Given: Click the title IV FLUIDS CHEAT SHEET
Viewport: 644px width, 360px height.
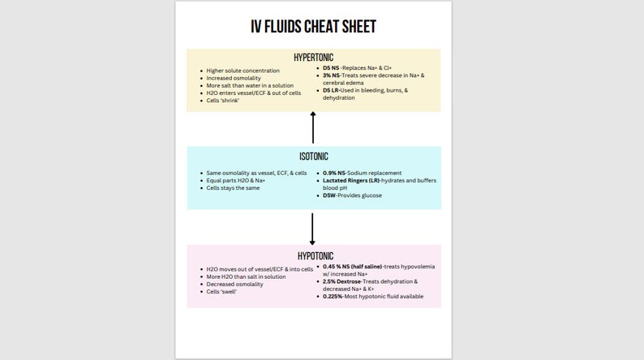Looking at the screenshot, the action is [x=313, y=27].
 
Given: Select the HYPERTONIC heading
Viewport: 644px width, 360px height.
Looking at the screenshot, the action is [x=313, y=57].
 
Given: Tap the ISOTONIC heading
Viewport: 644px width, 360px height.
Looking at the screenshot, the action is [x=313, y=156].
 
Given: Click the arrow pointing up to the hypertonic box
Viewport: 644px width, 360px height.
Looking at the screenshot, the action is [x=313, y=126].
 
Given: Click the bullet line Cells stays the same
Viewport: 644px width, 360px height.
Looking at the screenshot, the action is [x=234, y=188].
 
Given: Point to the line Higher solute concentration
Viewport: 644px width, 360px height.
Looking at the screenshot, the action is [x=242, y=71].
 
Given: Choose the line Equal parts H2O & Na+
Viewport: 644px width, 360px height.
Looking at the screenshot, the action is [x=239, y=181].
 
